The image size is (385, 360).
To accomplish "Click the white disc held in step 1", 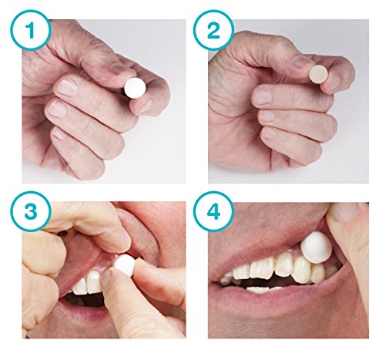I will [x=136, y=89].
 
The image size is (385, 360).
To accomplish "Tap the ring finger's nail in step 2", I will [x=266, y=116].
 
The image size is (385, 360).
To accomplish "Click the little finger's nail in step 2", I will [x=268, y=134].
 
